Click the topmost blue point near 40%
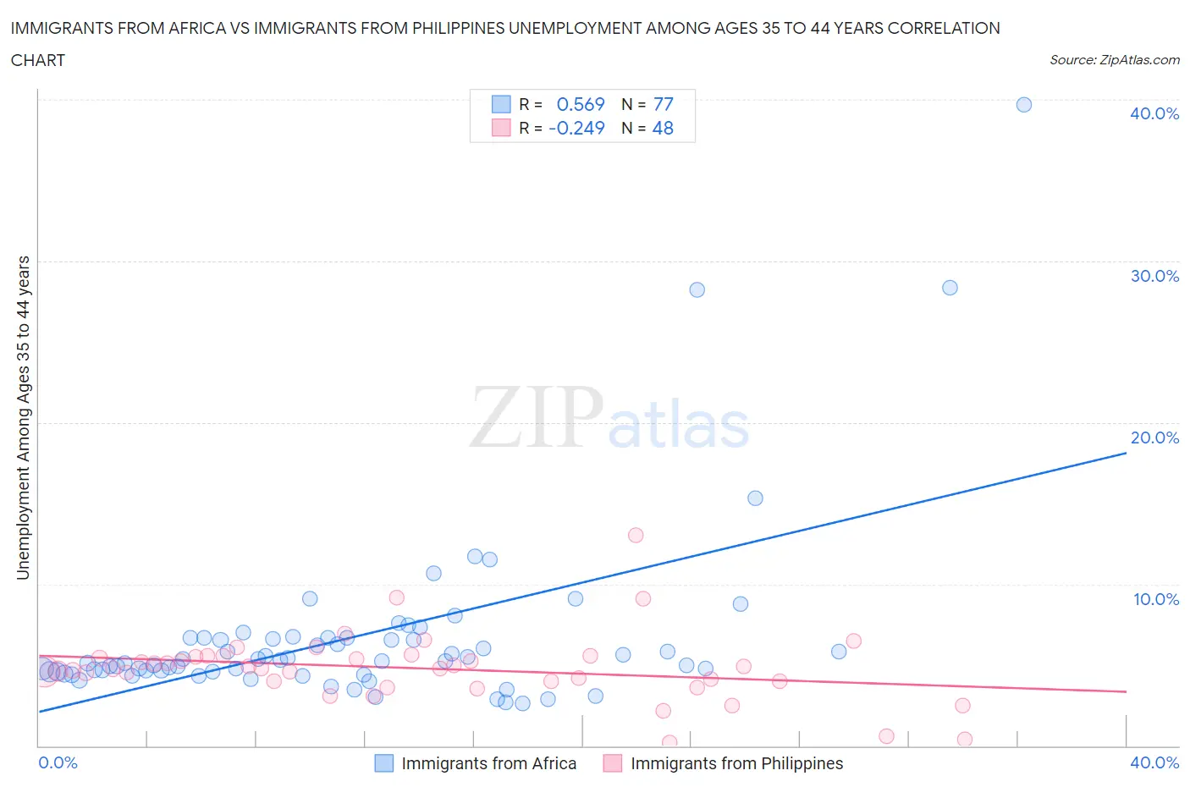tap(1023, 105)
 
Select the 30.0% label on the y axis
tap(1154, 276)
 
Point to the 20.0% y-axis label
tap(1154, 438)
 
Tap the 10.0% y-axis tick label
tap(1155, 599)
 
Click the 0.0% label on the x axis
tap(58, 762)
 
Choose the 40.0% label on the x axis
tap(1154, 762)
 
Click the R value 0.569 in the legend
tap(581, 104)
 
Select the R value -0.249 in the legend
tap(576, 128)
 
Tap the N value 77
tap(664, 104)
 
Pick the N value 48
tap(663, 128)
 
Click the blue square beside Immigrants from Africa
tap(384, 763)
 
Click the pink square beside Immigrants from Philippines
tap(613, 763)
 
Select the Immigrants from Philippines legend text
tap(736, 763)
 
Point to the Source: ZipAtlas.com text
tap(1114, 59)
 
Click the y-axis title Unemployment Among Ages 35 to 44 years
tap(24, 417)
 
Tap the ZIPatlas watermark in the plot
tap(609, 417)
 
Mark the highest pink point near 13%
tap(636, 535)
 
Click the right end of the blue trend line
tap(1126, 453)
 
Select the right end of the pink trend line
tap(1126, 692)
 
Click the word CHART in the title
tap(37, 60)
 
